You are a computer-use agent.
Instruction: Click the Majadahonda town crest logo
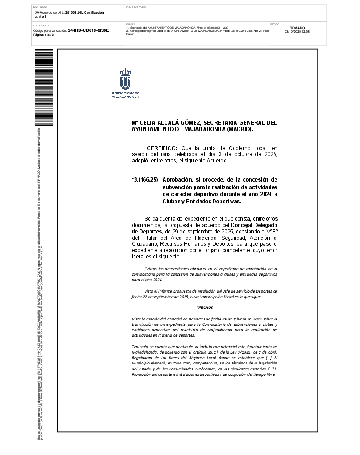point(125,79)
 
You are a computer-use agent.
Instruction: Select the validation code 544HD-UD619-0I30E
point(88,30)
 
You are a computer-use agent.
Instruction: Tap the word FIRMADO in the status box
point(297,28)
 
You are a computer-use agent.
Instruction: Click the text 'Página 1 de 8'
point(44,35)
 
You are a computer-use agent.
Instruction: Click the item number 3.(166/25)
point(145,180)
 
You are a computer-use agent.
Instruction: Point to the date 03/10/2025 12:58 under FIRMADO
point(297,32)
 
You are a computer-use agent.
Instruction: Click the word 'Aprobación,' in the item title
point(178,180)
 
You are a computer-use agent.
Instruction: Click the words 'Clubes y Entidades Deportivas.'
point(201,202)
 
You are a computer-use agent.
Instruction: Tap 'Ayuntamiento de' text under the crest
point(125,93)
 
